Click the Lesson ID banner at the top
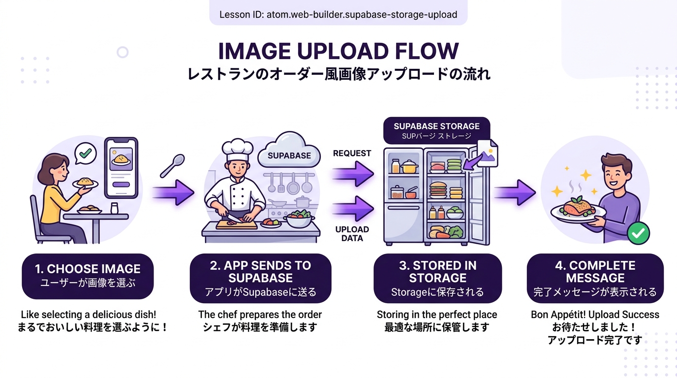click(338, 14)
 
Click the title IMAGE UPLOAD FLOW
click(338, 52)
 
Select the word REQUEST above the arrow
click(352, 153)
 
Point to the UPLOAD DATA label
click(352, 234)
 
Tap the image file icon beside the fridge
click(486, 153)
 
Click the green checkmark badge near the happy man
click(638, 233)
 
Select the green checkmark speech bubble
click(85, 154)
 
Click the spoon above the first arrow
click(173, 165)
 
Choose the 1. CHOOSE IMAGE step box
click(88, 276)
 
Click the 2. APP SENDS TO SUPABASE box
click(260, 278)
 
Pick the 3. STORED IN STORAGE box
click(437, 278)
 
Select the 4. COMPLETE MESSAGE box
click(595, 278)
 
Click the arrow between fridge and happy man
click(515, 192)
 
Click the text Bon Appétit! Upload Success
click(595, 315)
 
